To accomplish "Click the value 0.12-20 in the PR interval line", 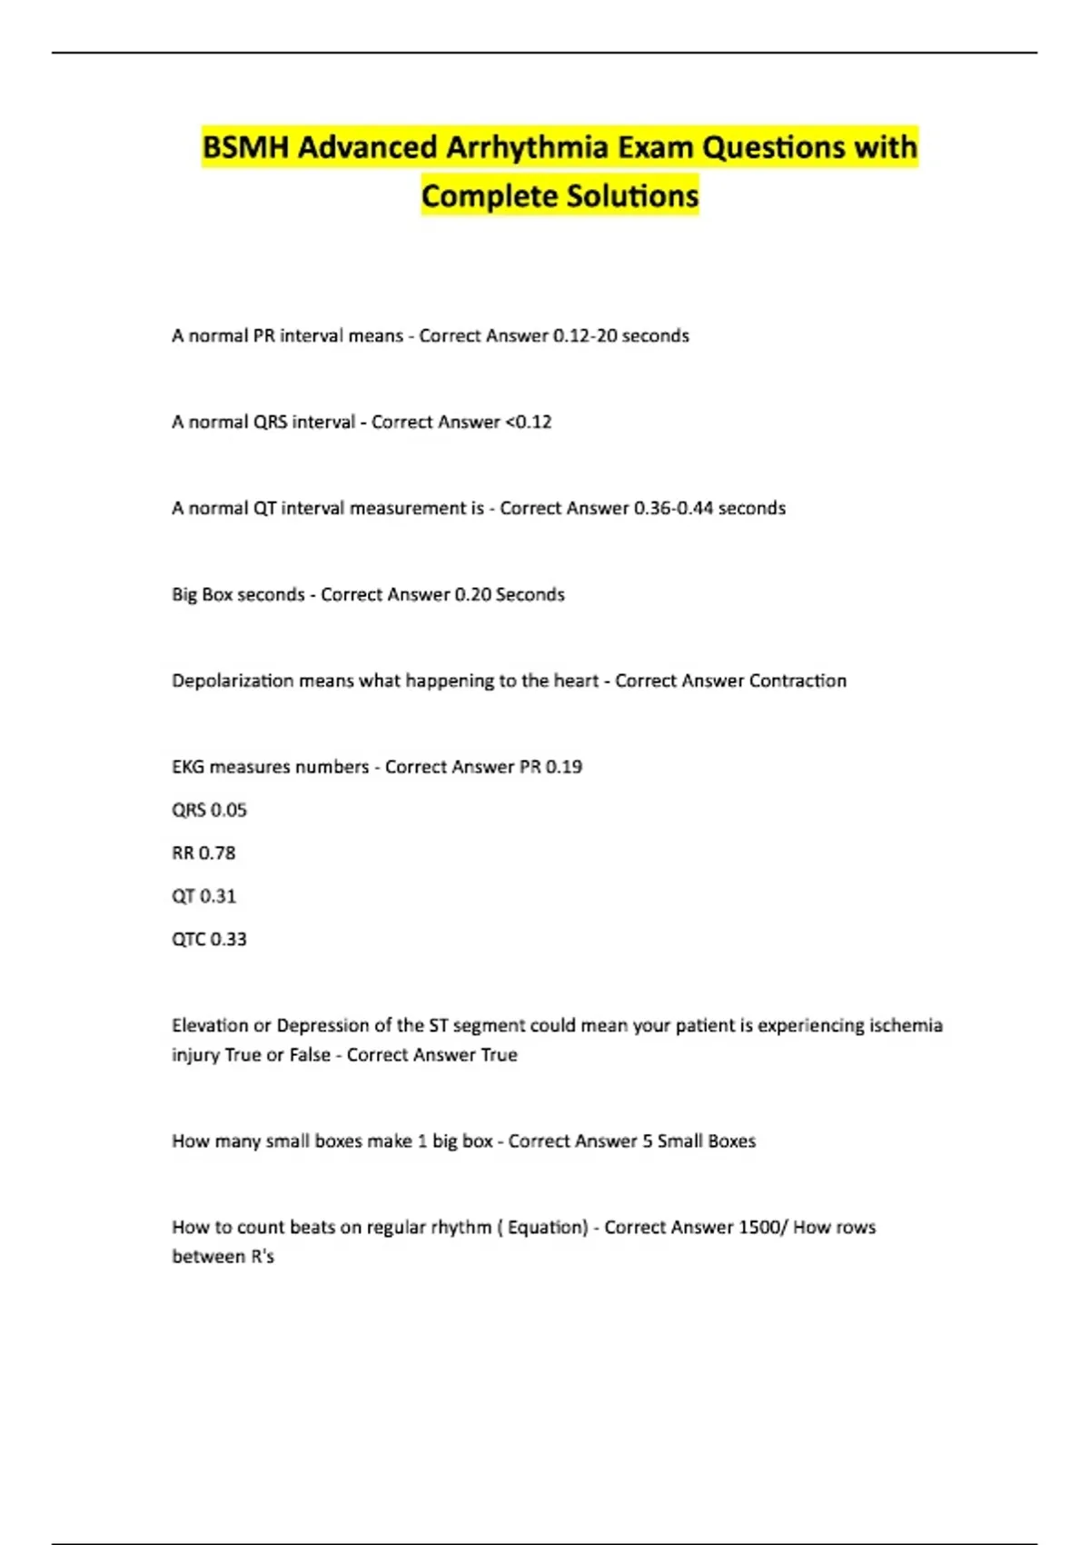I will click(584, 335).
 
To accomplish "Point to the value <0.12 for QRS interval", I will click(529, 422).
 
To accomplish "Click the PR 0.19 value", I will click(550, 767).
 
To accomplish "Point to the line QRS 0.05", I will click(209, 810).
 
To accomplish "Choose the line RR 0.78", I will click(203, 853).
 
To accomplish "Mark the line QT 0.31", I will click(203, 896).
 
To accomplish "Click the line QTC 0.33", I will click(209, 939).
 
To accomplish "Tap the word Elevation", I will click(210, 1025).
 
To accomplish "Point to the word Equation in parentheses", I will click(547, 1227).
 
